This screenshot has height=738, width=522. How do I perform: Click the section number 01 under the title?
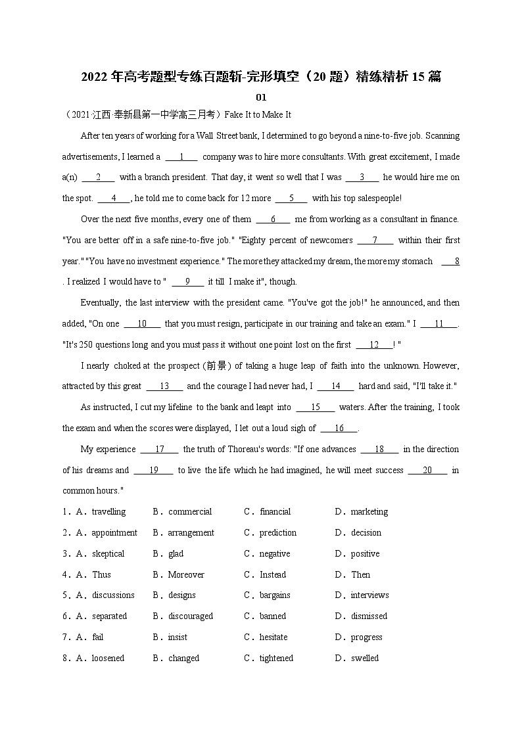tap(261, 97)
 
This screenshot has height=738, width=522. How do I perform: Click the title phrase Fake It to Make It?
tap(258, 114)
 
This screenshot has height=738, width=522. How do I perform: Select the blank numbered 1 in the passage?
tap(181, 157)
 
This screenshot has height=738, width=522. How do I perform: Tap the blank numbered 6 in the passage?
tap(272, 219)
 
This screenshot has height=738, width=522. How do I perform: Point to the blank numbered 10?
tap(142, 324)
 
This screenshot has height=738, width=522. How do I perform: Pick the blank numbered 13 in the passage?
tap(164, 386)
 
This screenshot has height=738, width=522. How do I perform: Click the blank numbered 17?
tap(159, 450)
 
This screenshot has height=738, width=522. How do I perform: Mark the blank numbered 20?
tap(427, 471)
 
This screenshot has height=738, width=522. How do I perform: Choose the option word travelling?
tap(108, 512)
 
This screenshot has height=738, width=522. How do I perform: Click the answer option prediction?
tap(277, 533)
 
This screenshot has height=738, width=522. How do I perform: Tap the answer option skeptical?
tap(108, 554)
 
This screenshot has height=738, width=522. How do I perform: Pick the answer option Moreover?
tap(186, 575)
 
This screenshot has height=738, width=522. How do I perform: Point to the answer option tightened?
tap(276, 658)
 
